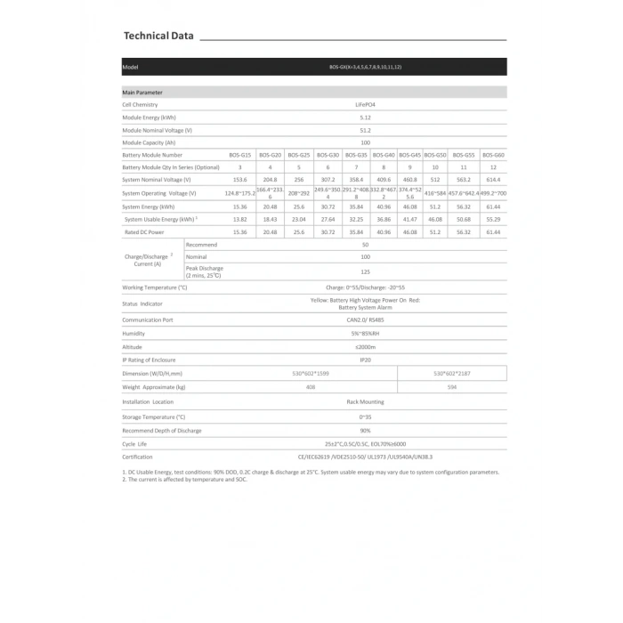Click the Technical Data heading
(158, 36)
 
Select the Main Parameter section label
(142, 93)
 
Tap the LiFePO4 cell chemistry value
(365, 105)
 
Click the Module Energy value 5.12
(365, 117)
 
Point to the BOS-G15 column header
(239, 155)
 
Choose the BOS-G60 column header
(493, 155)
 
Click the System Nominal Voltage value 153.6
(239, 180)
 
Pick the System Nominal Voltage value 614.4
(493, 180)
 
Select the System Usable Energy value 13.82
(239, 219)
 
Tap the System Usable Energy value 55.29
(493, 219)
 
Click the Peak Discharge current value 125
(365, 271)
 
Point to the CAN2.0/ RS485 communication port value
(365, 320)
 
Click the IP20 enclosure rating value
(365, 360)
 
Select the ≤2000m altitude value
(365, 346)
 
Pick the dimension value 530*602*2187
(452, 374)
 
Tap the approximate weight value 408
(310, 388)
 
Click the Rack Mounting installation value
(365, 402)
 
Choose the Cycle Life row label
(136, 443)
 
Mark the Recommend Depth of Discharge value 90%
(365, 430)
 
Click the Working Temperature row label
(155, 288)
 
